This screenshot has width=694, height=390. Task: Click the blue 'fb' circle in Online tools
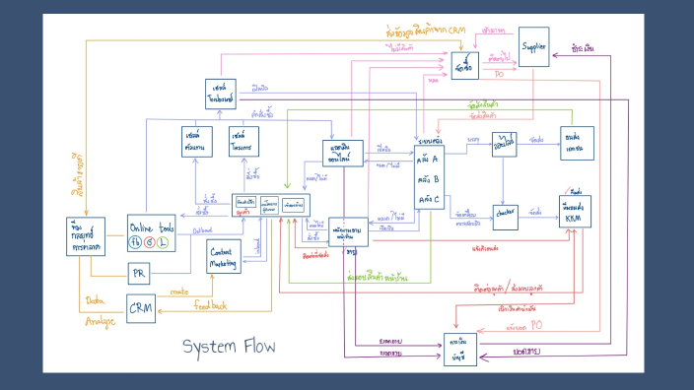pos(136,241)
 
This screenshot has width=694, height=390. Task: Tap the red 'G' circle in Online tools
pos(151,241)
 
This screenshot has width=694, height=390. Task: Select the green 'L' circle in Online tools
pos(165,241)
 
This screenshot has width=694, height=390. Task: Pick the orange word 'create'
pos(179,291)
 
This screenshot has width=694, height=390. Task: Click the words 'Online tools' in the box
pos(152,226)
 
